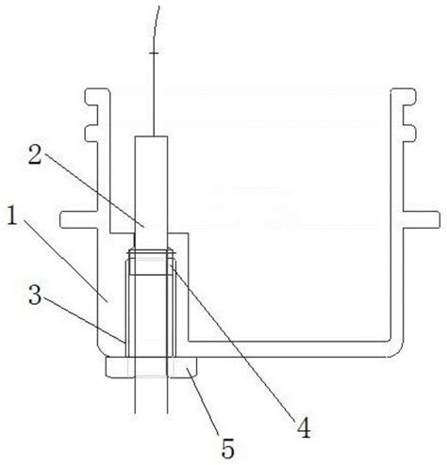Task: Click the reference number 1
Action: [x=12, y=216]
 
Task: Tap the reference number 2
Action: [x=35, y=154]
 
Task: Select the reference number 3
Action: [x=35, y=295]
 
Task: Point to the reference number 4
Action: [x=304, y=427]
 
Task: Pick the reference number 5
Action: [x=228, y=449]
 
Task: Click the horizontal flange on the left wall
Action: [x=78, y=219]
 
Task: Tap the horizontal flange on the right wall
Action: [x=422, y=219]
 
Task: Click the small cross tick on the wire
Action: [x=154, y=53]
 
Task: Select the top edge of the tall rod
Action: [x=151, y=136]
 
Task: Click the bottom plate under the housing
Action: [x=152, y=367]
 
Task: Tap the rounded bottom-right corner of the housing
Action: [x=397, y=351]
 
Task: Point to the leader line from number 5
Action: [x=203, y=402]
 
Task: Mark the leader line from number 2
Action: [x=94, y=189]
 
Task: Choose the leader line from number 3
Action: [x=84, y=319]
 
